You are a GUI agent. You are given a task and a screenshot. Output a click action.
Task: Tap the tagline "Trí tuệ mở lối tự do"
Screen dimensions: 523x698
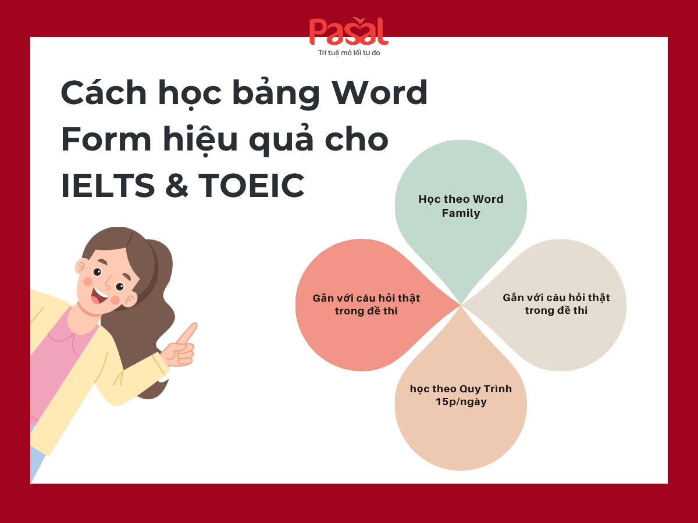click(349, 53)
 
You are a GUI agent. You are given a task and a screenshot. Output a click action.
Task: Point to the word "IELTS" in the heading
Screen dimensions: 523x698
click(108, 185)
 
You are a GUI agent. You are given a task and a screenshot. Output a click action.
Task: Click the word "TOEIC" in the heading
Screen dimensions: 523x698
click(251, 185)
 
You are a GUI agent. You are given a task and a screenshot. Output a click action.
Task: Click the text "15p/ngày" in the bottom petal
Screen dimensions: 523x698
click(461, 402)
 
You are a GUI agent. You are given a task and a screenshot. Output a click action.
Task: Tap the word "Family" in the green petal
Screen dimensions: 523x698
click(461, 213)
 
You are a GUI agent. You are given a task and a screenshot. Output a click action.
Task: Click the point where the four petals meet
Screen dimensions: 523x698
click(461, 304)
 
